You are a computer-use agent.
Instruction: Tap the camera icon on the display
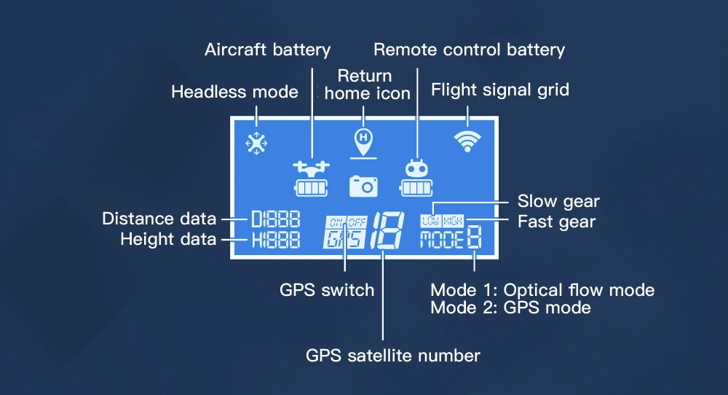coord(363,186)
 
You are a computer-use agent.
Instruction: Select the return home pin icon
coord(363,138)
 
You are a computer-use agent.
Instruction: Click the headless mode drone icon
coord(256,143)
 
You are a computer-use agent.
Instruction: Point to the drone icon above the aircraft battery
coord(311,168)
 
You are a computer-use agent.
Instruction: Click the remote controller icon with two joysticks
coord(416,168)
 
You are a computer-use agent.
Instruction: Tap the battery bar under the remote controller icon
coord(416,188)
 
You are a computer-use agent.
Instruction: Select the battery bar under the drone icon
coord(311,188)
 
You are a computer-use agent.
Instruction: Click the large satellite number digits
coord(384,231)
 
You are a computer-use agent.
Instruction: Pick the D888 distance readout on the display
coord(275,219)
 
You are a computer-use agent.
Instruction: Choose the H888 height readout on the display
coord(275,240)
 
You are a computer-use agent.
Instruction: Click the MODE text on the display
coord(441,240)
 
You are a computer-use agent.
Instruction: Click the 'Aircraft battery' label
coord(267,50)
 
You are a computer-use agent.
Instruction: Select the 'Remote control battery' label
coord(469,50)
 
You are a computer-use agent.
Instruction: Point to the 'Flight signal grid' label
coord(500,90)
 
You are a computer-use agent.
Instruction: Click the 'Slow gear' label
coord(558,201)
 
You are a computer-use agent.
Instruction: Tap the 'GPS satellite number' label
coord(392,356)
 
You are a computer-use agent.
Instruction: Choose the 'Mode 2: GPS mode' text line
coord(510,308)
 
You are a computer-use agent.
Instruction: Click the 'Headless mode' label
coord(234,92)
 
